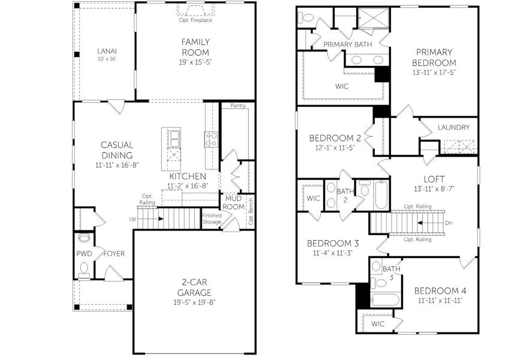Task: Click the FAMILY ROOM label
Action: [196, 46]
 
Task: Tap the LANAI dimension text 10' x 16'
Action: [106, 59]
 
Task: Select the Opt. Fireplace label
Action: [196, 20]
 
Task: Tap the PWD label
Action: [84, 253]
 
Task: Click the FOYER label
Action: [114, 253]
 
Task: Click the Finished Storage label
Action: [212, 219]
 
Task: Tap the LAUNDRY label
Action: [453, 127]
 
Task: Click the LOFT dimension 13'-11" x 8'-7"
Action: [434, 189]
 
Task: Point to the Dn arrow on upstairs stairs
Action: [426, 222]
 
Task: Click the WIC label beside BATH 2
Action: [313, 198]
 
